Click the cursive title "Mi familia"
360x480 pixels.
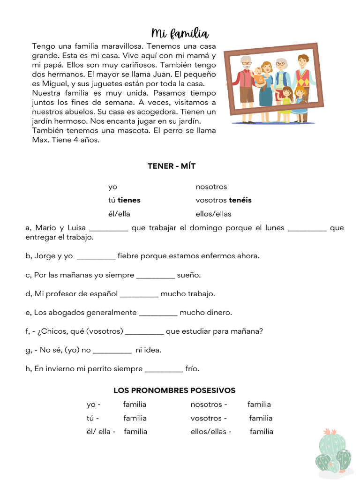click(180, 34)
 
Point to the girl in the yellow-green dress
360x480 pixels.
click(286, 98)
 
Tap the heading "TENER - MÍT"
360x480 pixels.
click(174, 166)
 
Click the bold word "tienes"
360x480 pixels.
click(129, 200)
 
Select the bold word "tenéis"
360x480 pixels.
click(240, 200)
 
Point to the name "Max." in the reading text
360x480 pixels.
click(40, 140)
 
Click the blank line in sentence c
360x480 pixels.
click(155, 276)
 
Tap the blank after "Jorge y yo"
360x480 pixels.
click(96, 256)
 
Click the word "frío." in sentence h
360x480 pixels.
click(192, 369)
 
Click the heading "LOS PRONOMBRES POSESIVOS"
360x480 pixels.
click(174, 390)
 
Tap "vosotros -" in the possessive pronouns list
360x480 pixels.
click(209, 418)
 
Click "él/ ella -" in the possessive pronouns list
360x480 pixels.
click(101, 432)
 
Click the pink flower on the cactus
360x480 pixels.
click(331, 431)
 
